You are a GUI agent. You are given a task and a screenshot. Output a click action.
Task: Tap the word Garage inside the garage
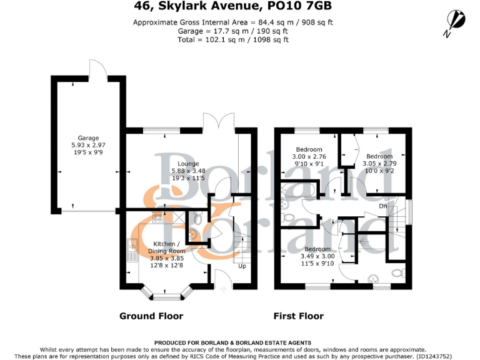(88, 138)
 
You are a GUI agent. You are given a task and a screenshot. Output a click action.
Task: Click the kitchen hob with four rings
(158, 218)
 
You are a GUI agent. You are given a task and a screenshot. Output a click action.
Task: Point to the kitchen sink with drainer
(132, 251)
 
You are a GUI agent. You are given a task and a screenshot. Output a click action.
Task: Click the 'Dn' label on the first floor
(384, 206)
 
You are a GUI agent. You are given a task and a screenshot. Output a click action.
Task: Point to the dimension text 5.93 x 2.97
(88, 145)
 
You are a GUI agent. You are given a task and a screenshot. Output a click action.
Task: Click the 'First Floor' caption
(299, 316)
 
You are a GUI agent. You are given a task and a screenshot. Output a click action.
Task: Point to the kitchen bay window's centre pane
(165, 291)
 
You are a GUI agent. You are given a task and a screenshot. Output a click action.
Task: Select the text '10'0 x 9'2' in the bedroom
(379, 170)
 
